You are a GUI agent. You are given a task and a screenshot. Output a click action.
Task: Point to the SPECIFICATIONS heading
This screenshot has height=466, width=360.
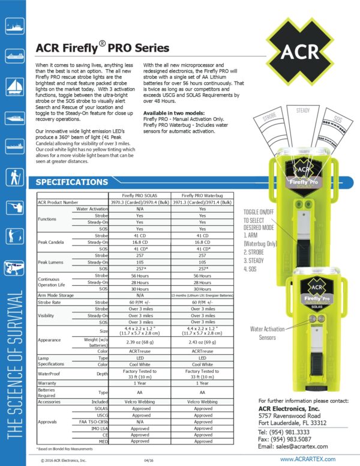pos(72,182)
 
